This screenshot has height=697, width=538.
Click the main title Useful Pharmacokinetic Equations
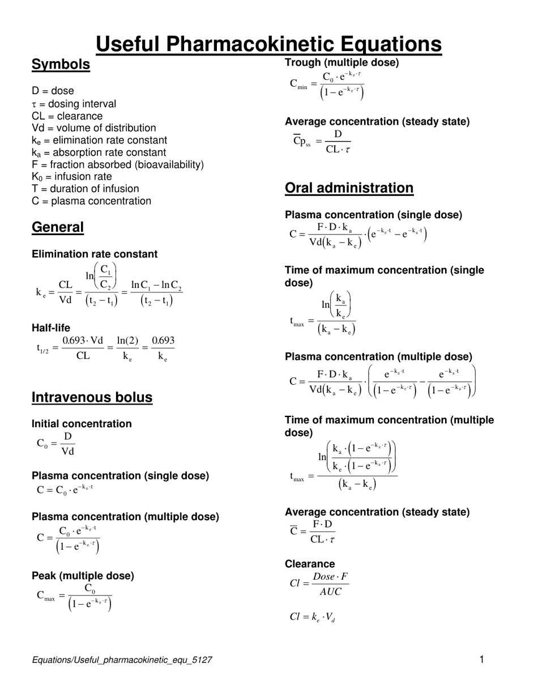tap(268, 44)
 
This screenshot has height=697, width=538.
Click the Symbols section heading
tap(61, 65)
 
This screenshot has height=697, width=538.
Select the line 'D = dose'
tap(53, 91)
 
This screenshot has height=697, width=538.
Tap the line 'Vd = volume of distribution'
tap(93, 128)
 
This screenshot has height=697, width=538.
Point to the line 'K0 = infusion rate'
tap(72, 176)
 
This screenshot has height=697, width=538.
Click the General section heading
tap(58, 227)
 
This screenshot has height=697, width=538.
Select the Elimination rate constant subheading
tap(95, 254)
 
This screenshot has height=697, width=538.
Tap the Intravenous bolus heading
tap(92, 397)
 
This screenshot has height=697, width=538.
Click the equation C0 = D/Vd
tap(55, 444)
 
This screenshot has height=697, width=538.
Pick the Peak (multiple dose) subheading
tap(83, 576)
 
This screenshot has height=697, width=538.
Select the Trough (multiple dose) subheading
tap(341, 62)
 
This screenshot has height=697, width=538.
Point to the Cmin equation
tap(327, 85)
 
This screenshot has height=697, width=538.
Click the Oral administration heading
tap(349, 188)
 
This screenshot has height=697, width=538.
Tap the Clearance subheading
tap(310, 564)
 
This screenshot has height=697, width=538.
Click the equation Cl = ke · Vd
tap(312, 617)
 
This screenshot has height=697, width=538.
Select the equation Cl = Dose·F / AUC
tap(319, 584)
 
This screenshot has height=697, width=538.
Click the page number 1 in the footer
tap(482, 659)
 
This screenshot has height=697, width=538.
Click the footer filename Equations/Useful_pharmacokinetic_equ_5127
tap(122, 660)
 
